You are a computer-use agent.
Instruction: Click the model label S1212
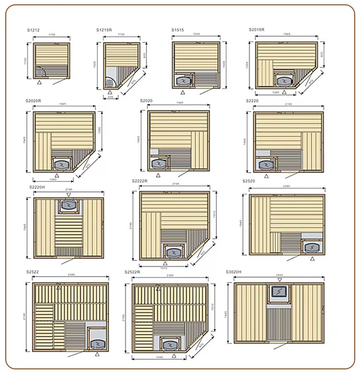tap(33, 30)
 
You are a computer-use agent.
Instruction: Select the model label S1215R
tap(104, 30)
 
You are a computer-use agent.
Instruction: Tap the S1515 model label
tap(178, 30)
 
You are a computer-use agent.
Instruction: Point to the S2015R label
tap(256, 30)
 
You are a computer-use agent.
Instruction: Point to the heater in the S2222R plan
tap(172, 252)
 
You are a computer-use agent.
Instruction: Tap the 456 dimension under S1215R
tap(111, 97)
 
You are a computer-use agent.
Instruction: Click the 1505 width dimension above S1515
tap(196, 35)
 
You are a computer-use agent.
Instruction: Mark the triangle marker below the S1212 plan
tap(40, 83)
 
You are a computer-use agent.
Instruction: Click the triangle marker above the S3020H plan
tap(280, 280)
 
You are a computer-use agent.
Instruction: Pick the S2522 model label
tap(33, 272)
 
